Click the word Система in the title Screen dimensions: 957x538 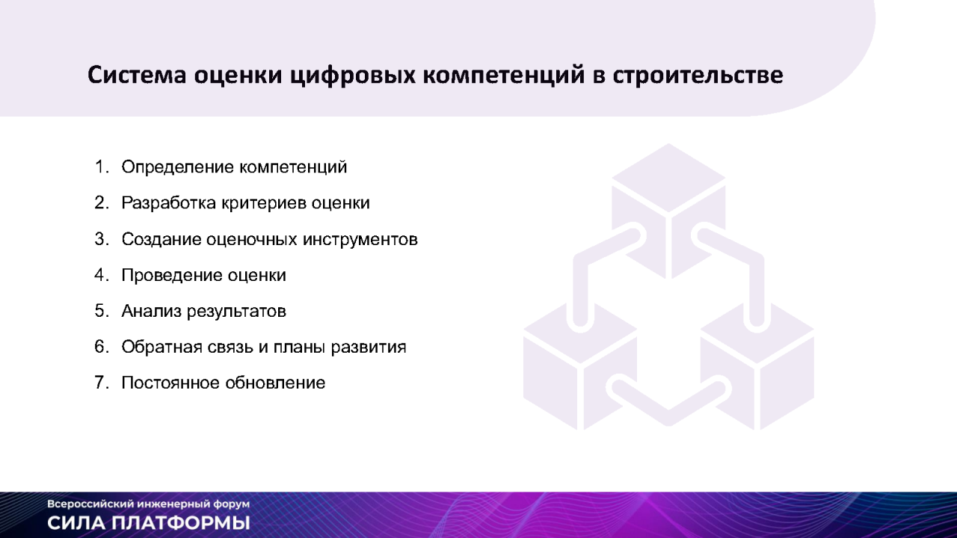[x=137, y=75]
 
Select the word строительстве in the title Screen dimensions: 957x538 [x=698, y=75]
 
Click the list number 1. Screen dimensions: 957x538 [x=102, y=167]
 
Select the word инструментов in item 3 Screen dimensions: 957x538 [x=360, y=240]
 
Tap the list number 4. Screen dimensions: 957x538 [x=102, y=275]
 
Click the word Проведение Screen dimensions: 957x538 [x=172, y=276]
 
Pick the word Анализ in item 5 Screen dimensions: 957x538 [x=152, y=312]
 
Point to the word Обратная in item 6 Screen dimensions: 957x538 [x=162, y=347]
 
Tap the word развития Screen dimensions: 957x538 [x=369, y=347]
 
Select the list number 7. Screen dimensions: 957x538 [x=102, y=383]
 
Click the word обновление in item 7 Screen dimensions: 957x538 [x=275, y=383]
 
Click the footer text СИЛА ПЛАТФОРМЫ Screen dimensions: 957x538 [x=149, y=523]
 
